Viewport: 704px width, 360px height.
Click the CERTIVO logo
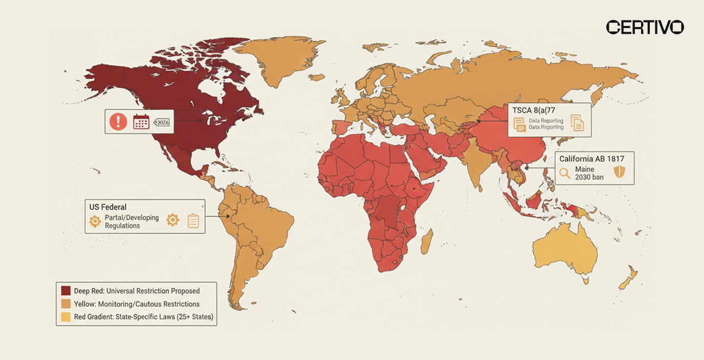coord(645,27)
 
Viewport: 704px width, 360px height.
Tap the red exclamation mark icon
coord(119,122)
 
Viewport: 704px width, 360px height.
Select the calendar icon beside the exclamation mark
coord(141,122)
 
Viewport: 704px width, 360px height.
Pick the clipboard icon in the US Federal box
coord(193,220)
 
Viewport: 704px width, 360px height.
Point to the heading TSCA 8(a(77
coord(533,109)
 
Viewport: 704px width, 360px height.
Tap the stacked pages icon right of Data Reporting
coord(577,123)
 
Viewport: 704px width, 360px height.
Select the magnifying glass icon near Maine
coord(565,173)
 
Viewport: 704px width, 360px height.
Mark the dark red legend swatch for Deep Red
coord(65,291)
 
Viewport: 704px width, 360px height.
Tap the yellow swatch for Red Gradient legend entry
coord(65,317)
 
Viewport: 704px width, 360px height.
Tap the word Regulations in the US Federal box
coord(122,226)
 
